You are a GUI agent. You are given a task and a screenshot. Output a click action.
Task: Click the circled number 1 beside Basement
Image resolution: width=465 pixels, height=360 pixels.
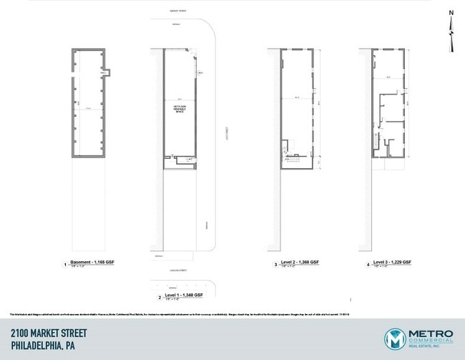pyautogui.click(x=65, y=265)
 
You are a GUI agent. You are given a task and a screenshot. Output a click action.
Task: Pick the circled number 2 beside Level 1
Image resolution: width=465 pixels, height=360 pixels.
pyautogui.click(x=160, y=296)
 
